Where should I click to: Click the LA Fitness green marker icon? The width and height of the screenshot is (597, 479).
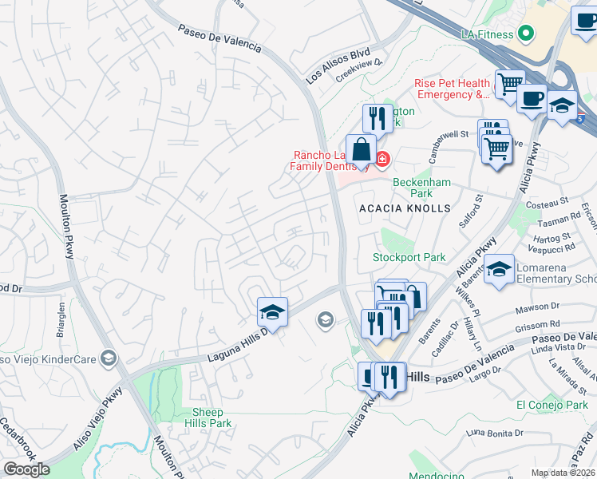tap(525, 34)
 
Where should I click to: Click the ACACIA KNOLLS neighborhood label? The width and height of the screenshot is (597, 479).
tap(405, 208)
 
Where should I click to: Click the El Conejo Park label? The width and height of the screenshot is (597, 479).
tap(552, 405)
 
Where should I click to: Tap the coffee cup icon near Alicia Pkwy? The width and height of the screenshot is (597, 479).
tap(532, 100)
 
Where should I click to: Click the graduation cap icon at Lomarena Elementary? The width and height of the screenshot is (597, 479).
tap(499, 268)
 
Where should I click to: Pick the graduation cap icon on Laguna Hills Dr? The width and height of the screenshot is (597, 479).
tap(272, 311)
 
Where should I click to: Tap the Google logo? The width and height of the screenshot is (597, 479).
tap(26, 469)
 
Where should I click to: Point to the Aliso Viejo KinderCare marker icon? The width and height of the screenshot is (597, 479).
tap(109, 358)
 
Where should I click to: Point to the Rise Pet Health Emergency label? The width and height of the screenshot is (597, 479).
tap(452, 89)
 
